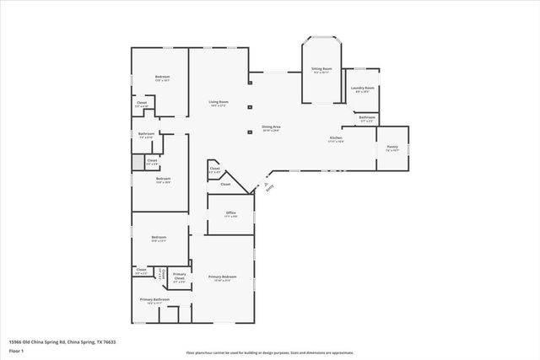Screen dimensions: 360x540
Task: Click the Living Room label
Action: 219,103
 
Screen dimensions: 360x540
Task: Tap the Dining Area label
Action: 271,127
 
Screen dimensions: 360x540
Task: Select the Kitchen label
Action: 336,138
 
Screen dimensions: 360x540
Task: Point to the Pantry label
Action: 391,147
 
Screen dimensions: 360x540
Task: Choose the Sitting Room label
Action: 321,68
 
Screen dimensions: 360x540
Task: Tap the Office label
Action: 230,212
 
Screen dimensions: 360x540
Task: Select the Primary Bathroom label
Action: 154,299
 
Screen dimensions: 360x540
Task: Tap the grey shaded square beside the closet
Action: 138,162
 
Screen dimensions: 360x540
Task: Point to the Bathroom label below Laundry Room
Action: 367,117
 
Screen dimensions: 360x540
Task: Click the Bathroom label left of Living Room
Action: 146,134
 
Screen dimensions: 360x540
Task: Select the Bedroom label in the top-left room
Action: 162,78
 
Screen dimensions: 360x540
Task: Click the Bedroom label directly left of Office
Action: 159,238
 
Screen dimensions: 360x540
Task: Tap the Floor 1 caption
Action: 16,350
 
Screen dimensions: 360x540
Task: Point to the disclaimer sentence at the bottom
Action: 269,353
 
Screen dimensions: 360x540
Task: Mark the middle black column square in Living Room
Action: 249,107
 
